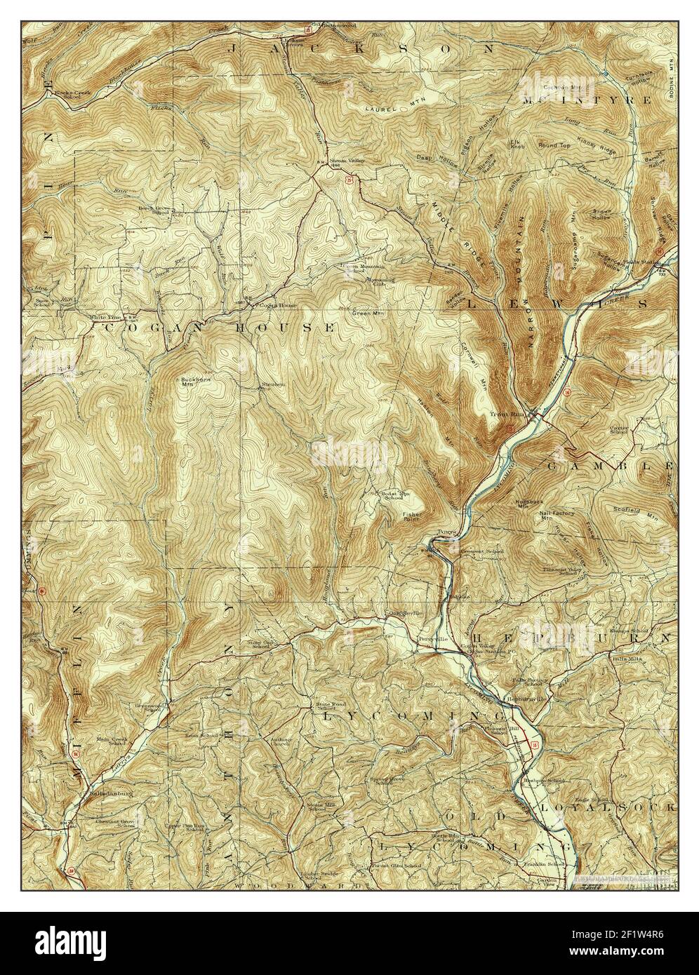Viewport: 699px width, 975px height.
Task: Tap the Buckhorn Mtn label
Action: click(186, 381)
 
